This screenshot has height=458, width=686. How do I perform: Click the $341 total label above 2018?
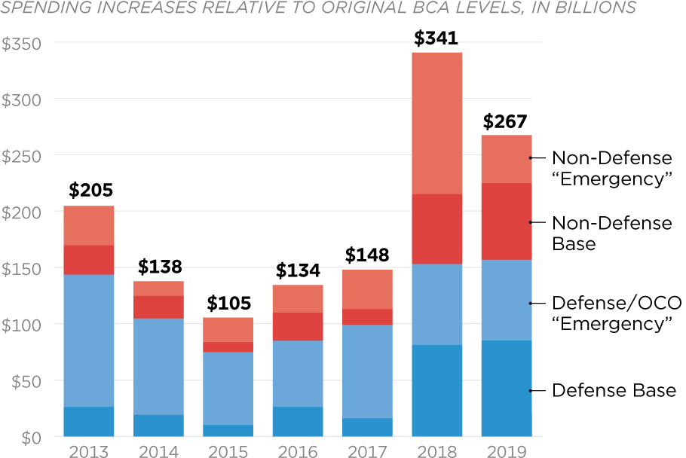[436, 38]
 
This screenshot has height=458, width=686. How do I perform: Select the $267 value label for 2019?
[505, 121]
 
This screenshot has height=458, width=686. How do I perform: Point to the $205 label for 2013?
[89, 191]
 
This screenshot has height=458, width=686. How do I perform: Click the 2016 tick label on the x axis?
[297, 450]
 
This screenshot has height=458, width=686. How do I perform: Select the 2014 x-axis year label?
[158, 450]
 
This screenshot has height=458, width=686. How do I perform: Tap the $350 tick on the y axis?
[21, 43]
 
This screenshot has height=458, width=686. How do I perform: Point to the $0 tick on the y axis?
[32, 437]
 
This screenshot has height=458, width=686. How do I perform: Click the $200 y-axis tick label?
[21, 212]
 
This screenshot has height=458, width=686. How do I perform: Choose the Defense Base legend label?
[614, 390]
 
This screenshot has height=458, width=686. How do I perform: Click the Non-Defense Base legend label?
[611, 233]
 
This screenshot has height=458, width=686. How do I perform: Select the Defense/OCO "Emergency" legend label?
[616, 313]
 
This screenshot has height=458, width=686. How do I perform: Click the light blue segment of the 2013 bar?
[89, 340]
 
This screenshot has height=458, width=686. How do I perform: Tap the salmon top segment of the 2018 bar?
[436, 124]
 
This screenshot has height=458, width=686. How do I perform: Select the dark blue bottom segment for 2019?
[506, 388]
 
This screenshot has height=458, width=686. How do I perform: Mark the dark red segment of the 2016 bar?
[297, 326]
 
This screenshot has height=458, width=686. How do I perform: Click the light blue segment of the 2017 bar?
[367, 371]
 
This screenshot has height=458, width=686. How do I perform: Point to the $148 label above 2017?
[367, 255]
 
